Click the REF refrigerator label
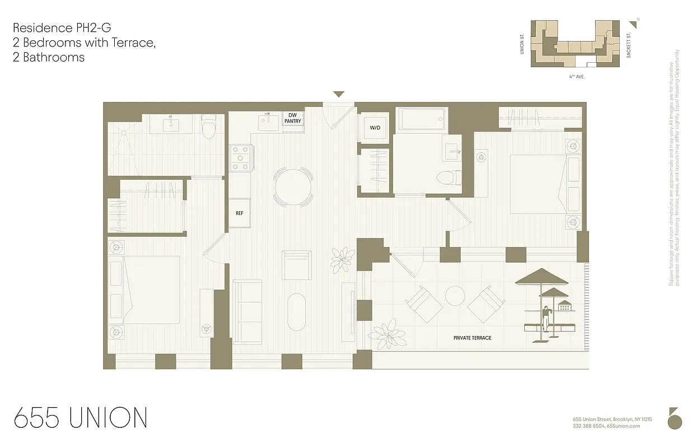tap(239, 213)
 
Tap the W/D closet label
tap(375, 128)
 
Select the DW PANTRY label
tap(292, 118)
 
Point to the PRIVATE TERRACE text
tap(473, 338)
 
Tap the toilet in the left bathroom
tap(209, 128)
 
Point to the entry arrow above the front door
tap(339, 94)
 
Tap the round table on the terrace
tap(455, 296)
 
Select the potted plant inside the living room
tap(342, 259)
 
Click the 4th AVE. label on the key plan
tap(576, 76)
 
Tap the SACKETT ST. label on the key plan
tap(629, 44)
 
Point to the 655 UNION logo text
tap(81, 418)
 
